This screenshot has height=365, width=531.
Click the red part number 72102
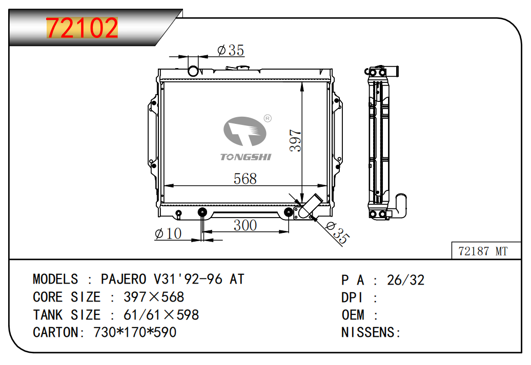coord(82,28)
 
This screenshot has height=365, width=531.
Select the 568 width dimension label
coord(245,179)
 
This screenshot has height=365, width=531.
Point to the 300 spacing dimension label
coord(245,225)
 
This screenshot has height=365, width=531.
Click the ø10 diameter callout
coord(168,233)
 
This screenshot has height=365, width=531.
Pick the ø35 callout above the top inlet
coord(231,50)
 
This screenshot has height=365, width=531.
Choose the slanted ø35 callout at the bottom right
coord(337,233)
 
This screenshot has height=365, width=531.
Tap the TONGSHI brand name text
coord(246,157)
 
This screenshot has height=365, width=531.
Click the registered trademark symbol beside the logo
coord(268,118)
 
